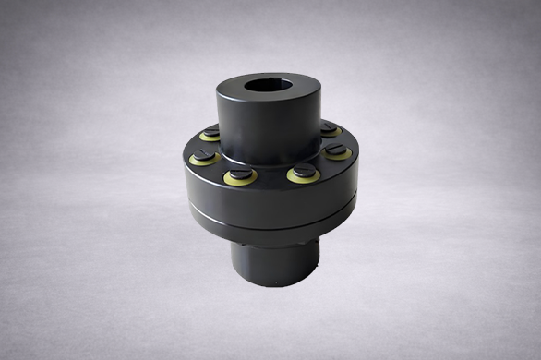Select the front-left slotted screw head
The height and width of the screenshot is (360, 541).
pos(234,174)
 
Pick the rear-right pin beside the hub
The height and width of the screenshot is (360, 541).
pos(328,130)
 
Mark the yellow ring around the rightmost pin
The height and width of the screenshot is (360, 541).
pos(341,152)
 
